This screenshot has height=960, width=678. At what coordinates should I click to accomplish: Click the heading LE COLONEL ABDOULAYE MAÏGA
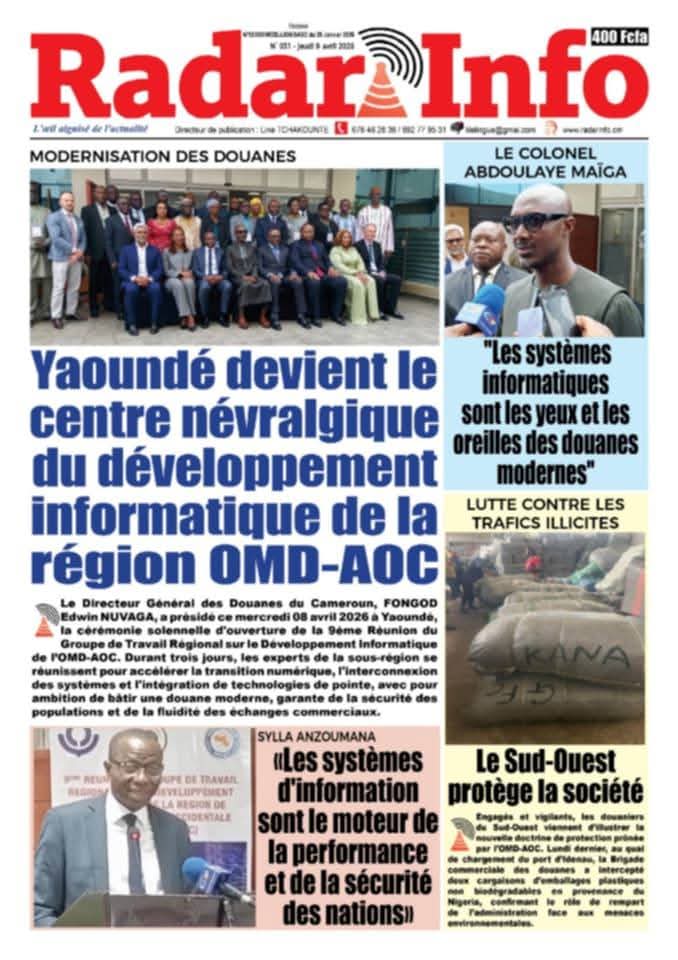(x=545, y=162)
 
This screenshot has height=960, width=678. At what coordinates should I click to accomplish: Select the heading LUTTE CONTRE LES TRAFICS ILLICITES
(x=545, y=512)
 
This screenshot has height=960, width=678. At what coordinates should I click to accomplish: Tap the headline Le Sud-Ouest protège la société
(x=545, y=777)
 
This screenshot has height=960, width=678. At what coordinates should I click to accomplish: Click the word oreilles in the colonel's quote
(x=503, y=441)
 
